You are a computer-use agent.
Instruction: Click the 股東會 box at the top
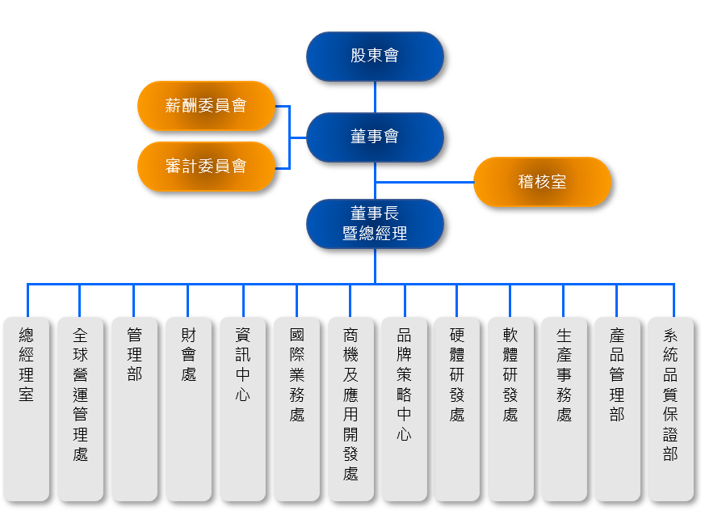(375, 57)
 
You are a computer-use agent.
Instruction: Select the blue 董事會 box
(375, 137)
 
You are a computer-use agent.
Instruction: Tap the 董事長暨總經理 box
(375, 224)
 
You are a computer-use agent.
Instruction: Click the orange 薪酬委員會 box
(206, 105)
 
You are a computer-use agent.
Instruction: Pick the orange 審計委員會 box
(206, 167)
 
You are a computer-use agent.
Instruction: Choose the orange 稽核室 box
(542, 182)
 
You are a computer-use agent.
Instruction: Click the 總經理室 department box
(27, 408)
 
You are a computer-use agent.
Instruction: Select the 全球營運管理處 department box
(80, 408)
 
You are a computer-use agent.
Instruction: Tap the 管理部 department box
(134, 408)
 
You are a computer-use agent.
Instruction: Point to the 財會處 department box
(188, 408)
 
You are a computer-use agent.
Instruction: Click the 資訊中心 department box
(242, 408)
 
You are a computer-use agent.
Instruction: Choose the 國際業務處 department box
(296, 408)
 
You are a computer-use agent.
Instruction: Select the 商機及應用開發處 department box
(350, 408)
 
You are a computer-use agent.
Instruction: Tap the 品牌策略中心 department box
(404, 408)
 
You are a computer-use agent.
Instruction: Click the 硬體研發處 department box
(457, 408)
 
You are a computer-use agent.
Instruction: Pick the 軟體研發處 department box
(510, 408)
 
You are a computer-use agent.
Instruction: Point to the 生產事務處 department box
(564, 408)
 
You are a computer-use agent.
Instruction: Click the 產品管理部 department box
(617, 408)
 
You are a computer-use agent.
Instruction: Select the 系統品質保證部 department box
(670, 408)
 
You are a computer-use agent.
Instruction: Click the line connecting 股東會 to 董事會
(376, 97)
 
